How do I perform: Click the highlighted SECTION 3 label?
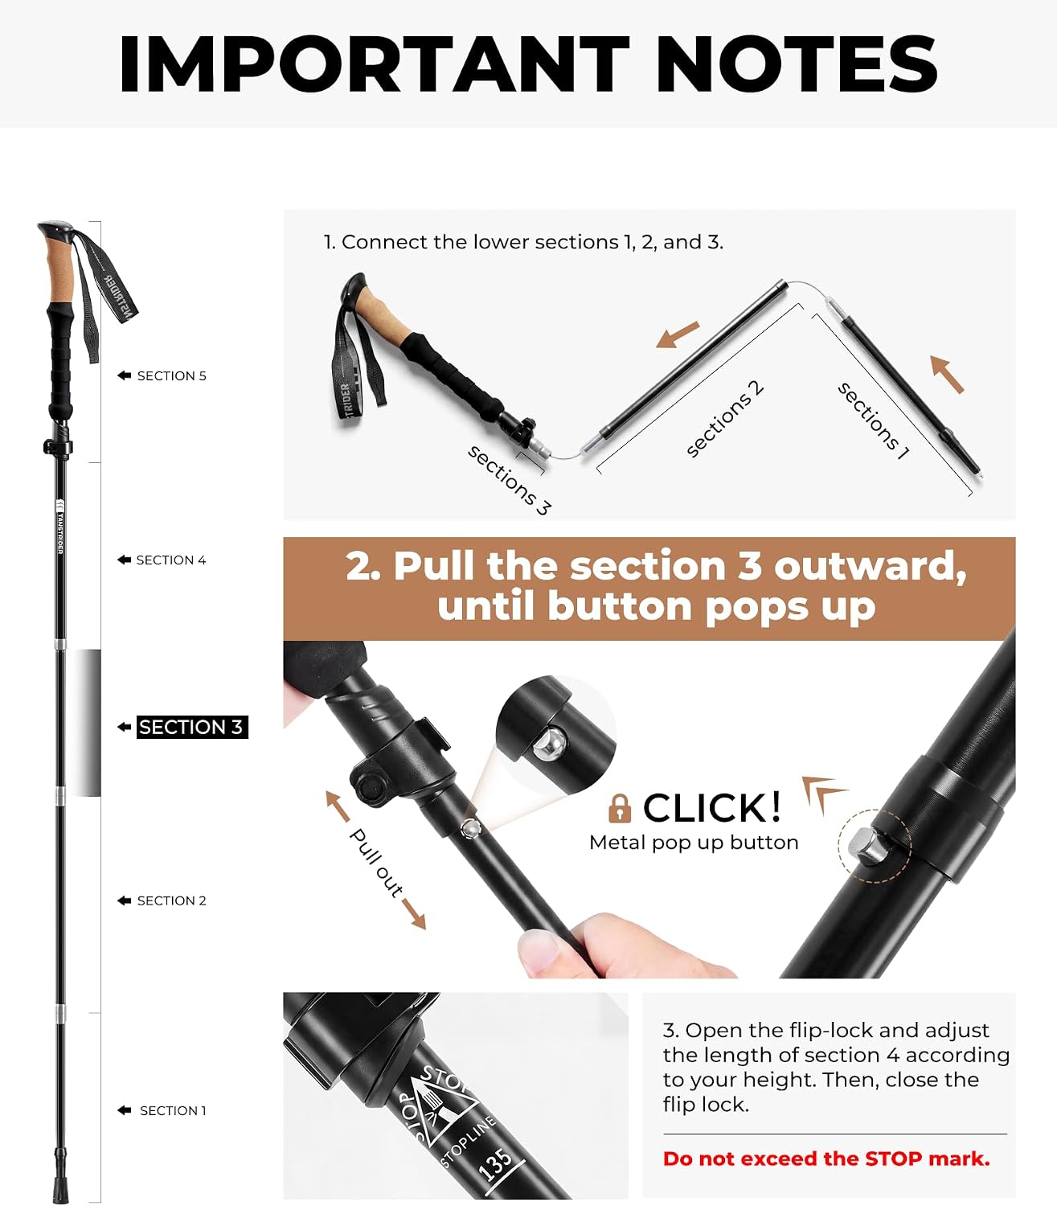click(191, 727)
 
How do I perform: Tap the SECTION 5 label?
click(171, 375)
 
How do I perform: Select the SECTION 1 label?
click(173, 1110)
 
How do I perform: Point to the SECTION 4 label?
click(171, 560)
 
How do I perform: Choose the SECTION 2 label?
click(171, 900)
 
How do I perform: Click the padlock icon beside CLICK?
click(620, 808)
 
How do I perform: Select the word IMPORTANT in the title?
click(375, 63)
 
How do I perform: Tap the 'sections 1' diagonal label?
click(873, 421)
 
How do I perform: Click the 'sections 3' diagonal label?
click(510, 480)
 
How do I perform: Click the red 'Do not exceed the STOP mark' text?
click(826, 1159)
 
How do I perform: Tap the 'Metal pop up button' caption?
click(694, 843)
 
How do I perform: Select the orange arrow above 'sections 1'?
click(946, 375)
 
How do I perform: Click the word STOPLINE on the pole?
click(469, 1141)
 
